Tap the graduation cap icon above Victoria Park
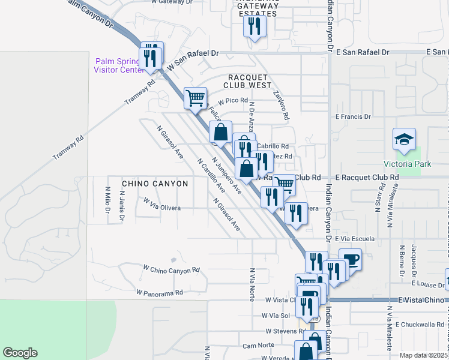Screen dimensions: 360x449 404,140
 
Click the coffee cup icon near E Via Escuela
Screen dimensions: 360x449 351,260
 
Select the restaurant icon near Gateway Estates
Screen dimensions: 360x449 254,26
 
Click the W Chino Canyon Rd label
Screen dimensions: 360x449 171,269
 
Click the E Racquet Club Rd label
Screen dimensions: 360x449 367,178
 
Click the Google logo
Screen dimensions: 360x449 20,353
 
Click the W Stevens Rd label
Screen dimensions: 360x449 284,331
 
